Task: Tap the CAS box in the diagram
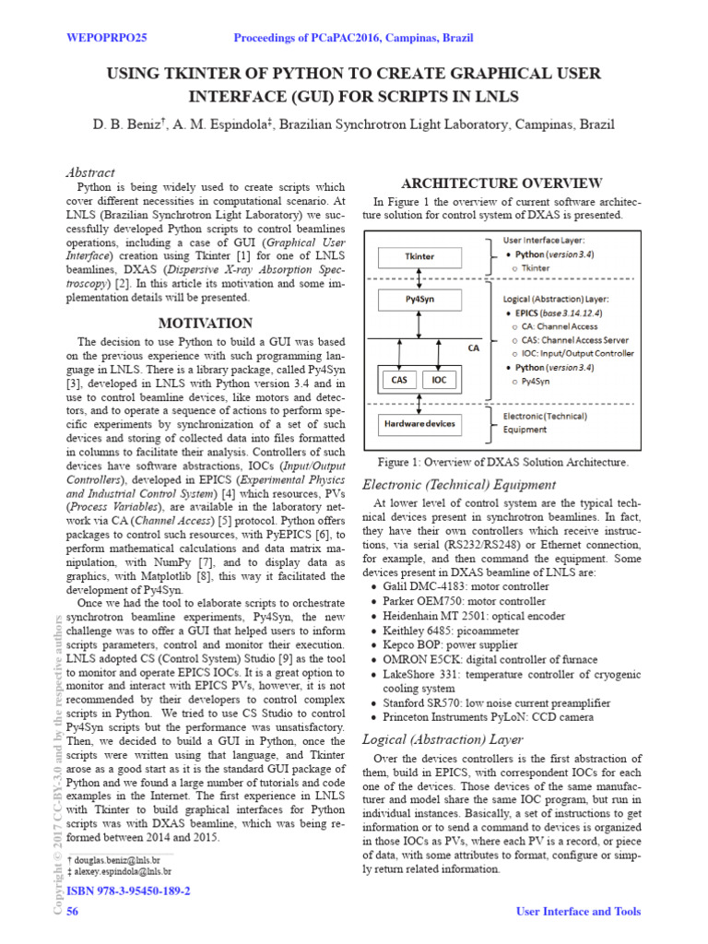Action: [x=399, y=379]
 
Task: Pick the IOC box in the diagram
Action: [x=441, y=379]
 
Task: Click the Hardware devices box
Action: [x=418, y=424]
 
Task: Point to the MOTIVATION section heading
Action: [x=206, y=324]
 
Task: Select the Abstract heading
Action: [x=90, y=172]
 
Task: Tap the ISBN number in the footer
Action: [x=129, y=891]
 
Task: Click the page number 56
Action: [x=73, y=912]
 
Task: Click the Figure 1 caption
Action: [x=503, y=462]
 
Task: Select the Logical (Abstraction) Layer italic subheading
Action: [x=442, y=739]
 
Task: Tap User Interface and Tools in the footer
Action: [x=576, y=912]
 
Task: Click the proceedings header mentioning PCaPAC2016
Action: [x=354, y=38]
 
